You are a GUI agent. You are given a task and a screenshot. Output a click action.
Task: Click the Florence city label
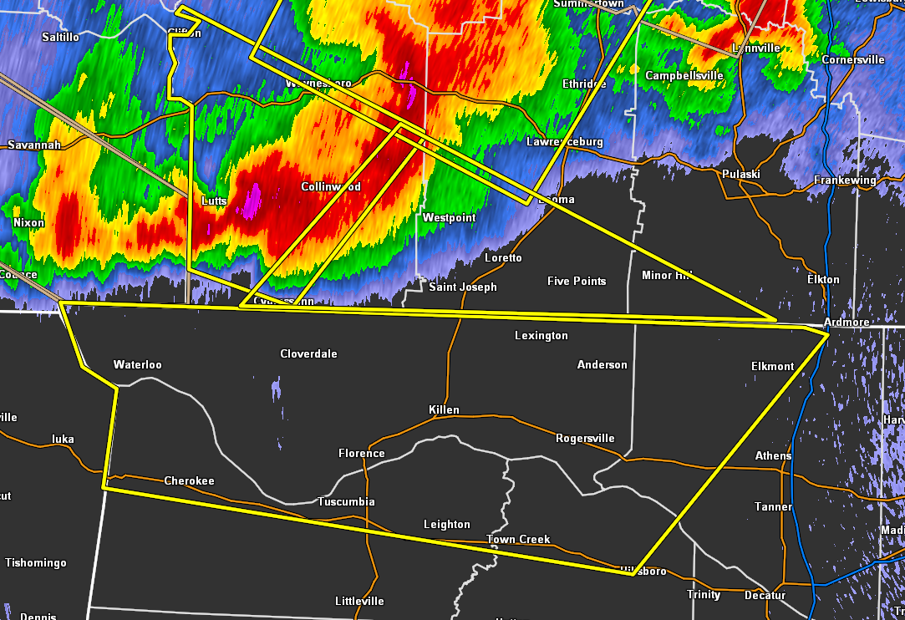click(x=361, y=454)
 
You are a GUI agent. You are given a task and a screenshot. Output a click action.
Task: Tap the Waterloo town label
click(x=137, y=365)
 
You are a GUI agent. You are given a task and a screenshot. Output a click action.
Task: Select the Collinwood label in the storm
click(x=331, y=187)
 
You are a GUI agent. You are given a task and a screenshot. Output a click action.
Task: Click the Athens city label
click(x=773, y=456)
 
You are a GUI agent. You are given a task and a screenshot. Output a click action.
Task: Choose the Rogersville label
click(x=585, y=439)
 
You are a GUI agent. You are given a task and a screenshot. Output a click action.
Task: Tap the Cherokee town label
click(x=189, y=481)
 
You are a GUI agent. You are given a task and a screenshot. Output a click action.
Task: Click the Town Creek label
click(x=518, y=540)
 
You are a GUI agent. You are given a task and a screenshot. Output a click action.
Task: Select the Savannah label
click(x=34, y=145)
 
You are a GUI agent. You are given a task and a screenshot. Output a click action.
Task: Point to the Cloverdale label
click(x=308, y=354)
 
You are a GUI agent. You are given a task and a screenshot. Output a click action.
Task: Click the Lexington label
click(x=541, y=336)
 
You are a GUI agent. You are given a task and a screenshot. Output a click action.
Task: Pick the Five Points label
click(x=577, y=282)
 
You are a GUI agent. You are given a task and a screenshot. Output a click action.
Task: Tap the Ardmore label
click(x=846, y=323)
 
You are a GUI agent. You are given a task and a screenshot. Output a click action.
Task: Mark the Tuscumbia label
click(x=346, y=502)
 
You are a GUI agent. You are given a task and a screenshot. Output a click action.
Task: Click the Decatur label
click(x=765, y=596)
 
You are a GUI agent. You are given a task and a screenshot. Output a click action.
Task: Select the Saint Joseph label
click(x=462, y=287)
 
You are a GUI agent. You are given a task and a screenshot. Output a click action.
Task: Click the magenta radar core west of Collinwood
click(x=251, y=201)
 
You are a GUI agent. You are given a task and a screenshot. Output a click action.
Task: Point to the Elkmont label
click(x=772, y=367)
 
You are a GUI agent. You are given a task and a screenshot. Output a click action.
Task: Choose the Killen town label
click(x=444, y=410)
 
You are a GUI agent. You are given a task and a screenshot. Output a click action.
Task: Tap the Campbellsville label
click(x=684, y=76)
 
